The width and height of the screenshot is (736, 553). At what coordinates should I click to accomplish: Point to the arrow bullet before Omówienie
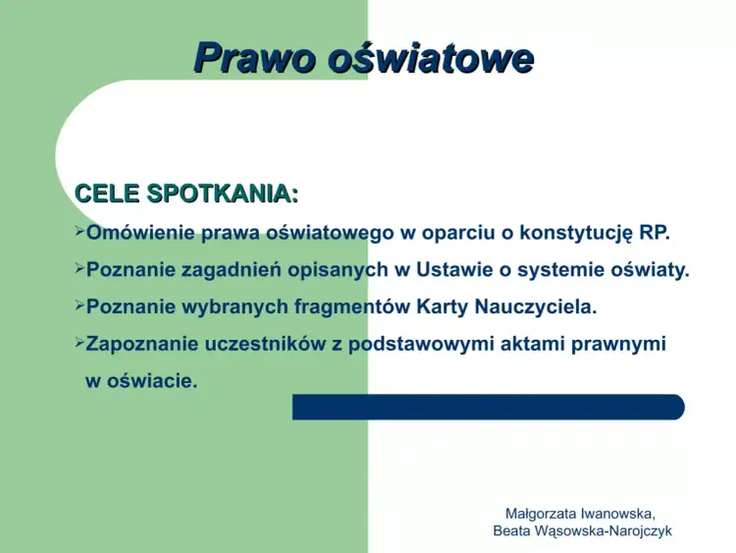(79, 233)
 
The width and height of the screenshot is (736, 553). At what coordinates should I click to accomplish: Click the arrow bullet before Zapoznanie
(79, 344)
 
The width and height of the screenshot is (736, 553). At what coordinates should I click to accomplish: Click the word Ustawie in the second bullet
(451, 270)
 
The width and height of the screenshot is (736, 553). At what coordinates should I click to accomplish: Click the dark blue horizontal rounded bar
(488, 407)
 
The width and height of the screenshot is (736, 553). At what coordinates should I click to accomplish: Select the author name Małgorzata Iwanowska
(580, 513)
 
